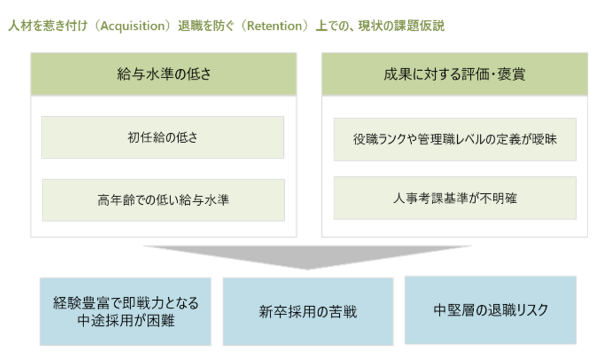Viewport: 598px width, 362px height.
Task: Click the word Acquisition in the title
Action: point(133,26)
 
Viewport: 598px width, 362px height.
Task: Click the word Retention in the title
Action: point(274,26)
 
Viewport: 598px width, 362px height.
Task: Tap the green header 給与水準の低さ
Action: point(164,74)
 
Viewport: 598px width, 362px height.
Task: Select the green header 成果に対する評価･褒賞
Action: point(454,74)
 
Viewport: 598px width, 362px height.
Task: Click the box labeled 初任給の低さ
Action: point(162,137)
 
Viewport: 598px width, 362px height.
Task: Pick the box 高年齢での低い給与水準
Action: point(164,200)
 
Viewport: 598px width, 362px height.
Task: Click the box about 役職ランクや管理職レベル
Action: point(455,139)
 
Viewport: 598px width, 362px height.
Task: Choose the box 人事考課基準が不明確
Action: point(455,198)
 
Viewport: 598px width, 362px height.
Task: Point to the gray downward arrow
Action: point(307,257)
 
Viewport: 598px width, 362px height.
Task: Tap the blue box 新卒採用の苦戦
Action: point(308,312)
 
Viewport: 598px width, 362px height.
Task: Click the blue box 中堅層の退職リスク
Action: point(491,310)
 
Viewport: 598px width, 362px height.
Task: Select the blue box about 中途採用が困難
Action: point(126,312)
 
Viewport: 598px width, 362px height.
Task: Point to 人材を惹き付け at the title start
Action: point(48,26)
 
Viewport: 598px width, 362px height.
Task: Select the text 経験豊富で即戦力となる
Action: point(126,303)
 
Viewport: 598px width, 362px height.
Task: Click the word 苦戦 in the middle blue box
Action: point(343,312)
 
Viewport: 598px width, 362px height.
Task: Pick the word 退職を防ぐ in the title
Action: point(206,26)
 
